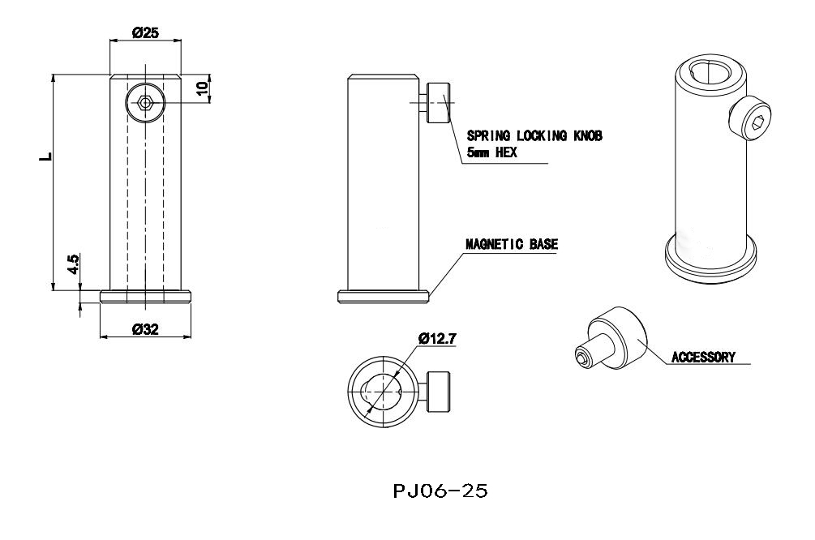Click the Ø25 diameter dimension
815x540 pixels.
[145, 32]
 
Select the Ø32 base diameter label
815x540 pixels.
[145, 329]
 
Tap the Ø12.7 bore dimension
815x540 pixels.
[437, 339]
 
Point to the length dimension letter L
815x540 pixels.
[46, 156]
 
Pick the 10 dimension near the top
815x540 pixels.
[203, 88]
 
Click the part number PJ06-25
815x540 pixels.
[440, 491]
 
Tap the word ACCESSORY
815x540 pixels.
[703, 358]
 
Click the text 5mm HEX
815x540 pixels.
[491, 152]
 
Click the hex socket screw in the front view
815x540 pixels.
[145, 103]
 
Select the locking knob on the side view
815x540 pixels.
[438, 103]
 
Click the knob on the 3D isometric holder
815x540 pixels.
[750, 118]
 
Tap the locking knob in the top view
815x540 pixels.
[439, 392]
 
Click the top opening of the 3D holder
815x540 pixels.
[710, 71]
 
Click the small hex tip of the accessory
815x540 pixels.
[582, 358]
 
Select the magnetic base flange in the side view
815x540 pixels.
[384, 297]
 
